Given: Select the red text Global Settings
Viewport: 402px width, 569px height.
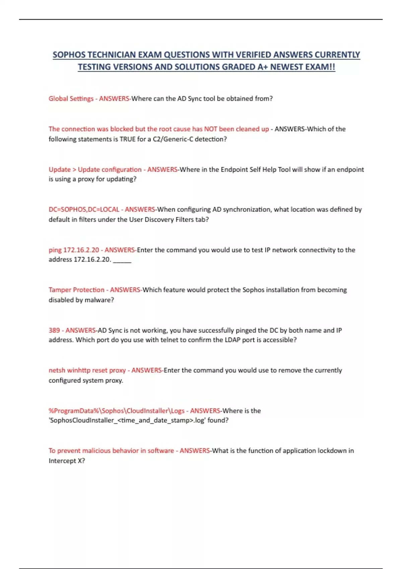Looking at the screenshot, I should click(x=71, y=99).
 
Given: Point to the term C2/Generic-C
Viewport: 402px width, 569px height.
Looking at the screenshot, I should click(x=173, y=139).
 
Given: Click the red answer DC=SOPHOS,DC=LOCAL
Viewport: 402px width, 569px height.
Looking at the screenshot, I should click(x=84, y=210).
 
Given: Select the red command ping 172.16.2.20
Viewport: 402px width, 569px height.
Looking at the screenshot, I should click(x=74, y=250).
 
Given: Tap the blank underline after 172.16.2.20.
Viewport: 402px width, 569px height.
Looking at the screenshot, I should click(x=122, y=260).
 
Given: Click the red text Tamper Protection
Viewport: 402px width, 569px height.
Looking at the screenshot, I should click(x=76, y=290).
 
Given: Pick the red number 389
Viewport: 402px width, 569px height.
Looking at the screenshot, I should click(x=54, y=330).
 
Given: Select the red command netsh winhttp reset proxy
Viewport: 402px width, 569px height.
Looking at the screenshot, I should click(x=87, y=371).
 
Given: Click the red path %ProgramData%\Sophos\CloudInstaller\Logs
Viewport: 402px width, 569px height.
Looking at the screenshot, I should click(x=116, y=411).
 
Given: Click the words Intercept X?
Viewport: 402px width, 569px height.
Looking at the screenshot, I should click(x=67, y=461).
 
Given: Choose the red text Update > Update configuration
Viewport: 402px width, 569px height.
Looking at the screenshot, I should click(x=95, y=170).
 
